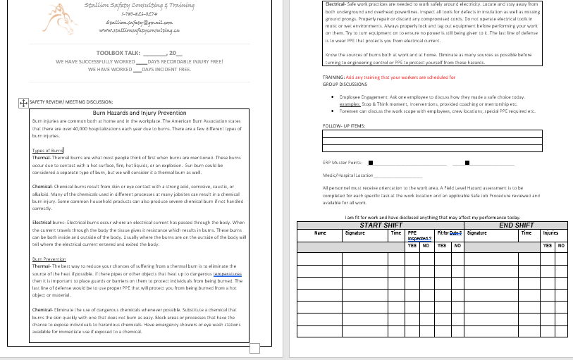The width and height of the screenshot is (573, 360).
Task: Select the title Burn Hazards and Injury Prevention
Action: (x=140, y=112)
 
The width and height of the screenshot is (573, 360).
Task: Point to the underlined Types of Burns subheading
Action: (x=48, y=150)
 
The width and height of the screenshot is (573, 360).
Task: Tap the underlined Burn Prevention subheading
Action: (x=49, y=259)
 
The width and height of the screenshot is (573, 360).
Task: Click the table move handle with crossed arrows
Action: (x=23, y=102)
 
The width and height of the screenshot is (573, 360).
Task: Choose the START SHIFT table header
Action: (x=381, y=225)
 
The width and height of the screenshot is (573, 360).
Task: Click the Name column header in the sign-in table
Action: (x=319, y=232)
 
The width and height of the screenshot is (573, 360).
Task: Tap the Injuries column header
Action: (x=550, y=232)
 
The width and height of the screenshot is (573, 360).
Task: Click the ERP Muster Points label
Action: (x=342, y=162)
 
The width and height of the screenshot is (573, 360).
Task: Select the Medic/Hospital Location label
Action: (x=347, y=175)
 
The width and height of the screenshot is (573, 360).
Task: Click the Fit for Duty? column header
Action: (x=449, y=232)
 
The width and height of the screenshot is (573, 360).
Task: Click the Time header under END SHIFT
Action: (x=526, y=232)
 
